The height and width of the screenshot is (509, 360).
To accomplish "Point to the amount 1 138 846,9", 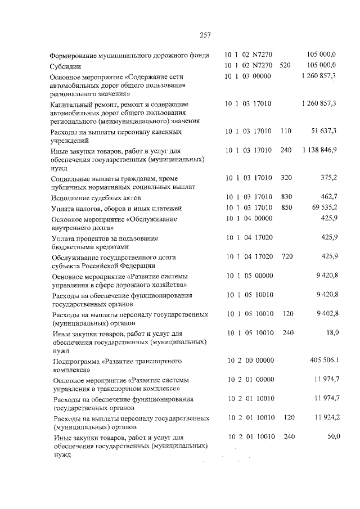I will pos(319,150).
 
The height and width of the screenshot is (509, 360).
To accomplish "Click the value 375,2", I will pos(328,177).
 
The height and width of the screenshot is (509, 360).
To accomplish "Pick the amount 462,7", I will pos(328,197).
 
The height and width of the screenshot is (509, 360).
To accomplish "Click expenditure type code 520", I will pos(285,65).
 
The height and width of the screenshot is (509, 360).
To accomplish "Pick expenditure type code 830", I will pos(286,197).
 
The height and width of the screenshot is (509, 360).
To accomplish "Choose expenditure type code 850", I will pos(286,207).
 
